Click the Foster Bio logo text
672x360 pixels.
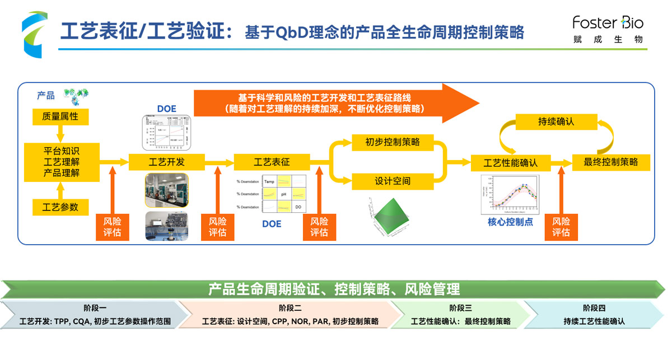point(608,23)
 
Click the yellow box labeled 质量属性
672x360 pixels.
point(60,117)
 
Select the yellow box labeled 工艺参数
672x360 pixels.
point(60,207)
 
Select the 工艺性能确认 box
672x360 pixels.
point(510,163)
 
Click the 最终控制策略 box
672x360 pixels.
point(610,162)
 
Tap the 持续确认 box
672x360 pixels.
point(556,121)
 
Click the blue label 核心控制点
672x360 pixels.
point(510,222)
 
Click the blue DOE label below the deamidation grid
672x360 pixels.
point(272,225)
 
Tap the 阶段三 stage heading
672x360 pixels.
point(460,307)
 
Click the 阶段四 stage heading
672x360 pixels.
point(594,307)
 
